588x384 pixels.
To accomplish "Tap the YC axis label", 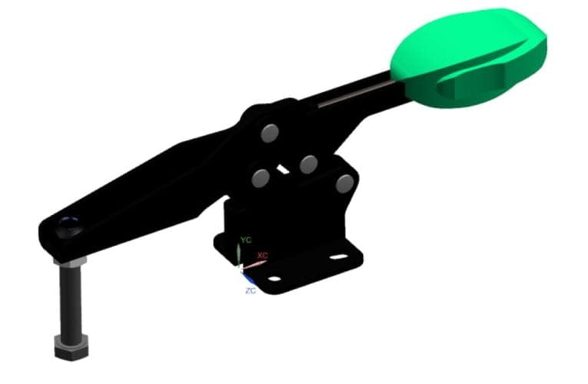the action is click(x=246, y=240).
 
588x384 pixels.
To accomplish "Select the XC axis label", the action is click(x=263, y=256).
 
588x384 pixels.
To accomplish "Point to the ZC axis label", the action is click(x=251, y=290).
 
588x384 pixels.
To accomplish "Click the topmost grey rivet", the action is click(x=270, y=133).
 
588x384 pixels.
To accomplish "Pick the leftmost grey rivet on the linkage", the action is click(x=261, y=177).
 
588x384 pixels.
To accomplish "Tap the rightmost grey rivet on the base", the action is click(x=344, y=184).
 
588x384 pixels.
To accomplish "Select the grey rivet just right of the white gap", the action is click(x=309, y=164).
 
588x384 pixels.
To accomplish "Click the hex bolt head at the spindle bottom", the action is click(x=71, y=347).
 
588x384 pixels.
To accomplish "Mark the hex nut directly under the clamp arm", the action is click(x=70, y=260).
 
